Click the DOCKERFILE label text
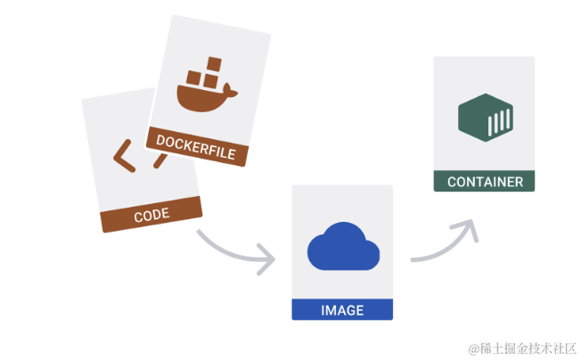(196, 147)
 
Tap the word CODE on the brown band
(151, 216)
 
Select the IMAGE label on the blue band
(342, 310)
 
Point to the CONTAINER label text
(485, 182)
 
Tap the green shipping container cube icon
(485, 121)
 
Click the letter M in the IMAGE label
(331, 310)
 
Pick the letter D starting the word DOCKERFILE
(160, 140)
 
